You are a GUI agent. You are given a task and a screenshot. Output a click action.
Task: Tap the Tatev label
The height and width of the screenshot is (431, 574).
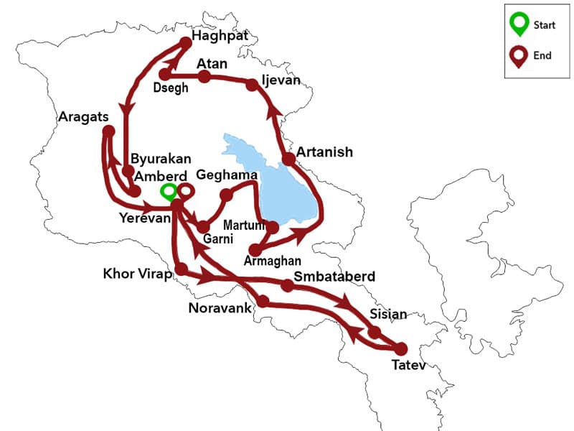[408, 366]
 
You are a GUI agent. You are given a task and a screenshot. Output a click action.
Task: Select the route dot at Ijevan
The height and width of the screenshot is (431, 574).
[252, 85]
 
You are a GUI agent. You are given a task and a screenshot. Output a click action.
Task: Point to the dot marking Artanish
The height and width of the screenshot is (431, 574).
[288, 159]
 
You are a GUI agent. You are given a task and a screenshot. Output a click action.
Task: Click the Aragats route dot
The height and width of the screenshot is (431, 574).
[108, 131]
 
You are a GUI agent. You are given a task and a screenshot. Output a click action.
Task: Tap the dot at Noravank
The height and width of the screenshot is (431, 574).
[263, 301]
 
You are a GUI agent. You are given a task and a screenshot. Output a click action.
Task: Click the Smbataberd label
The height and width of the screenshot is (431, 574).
[335, 276]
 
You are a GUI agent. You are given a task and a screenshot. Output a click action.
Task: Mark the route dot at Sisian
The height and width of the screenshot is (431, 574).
[374, 332]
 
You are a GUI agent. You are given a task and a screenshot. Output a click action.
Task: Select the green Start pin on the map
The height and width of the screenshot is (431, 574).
[168, 191]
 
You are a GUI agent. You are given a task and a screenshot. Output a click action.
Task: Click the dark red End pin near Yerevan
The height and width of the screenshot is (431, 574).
[185, 191]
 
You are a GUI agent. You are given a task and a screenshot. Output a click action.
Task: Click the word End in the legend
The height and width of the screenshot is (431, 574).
[543, 55]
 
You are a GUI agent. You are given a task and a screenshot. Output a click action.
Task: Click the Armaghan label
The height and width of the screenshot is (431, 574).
[273, 260]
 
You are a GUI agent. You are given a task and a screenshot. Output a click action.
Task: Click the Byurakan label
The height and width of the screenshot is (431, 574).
[157, 159]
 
